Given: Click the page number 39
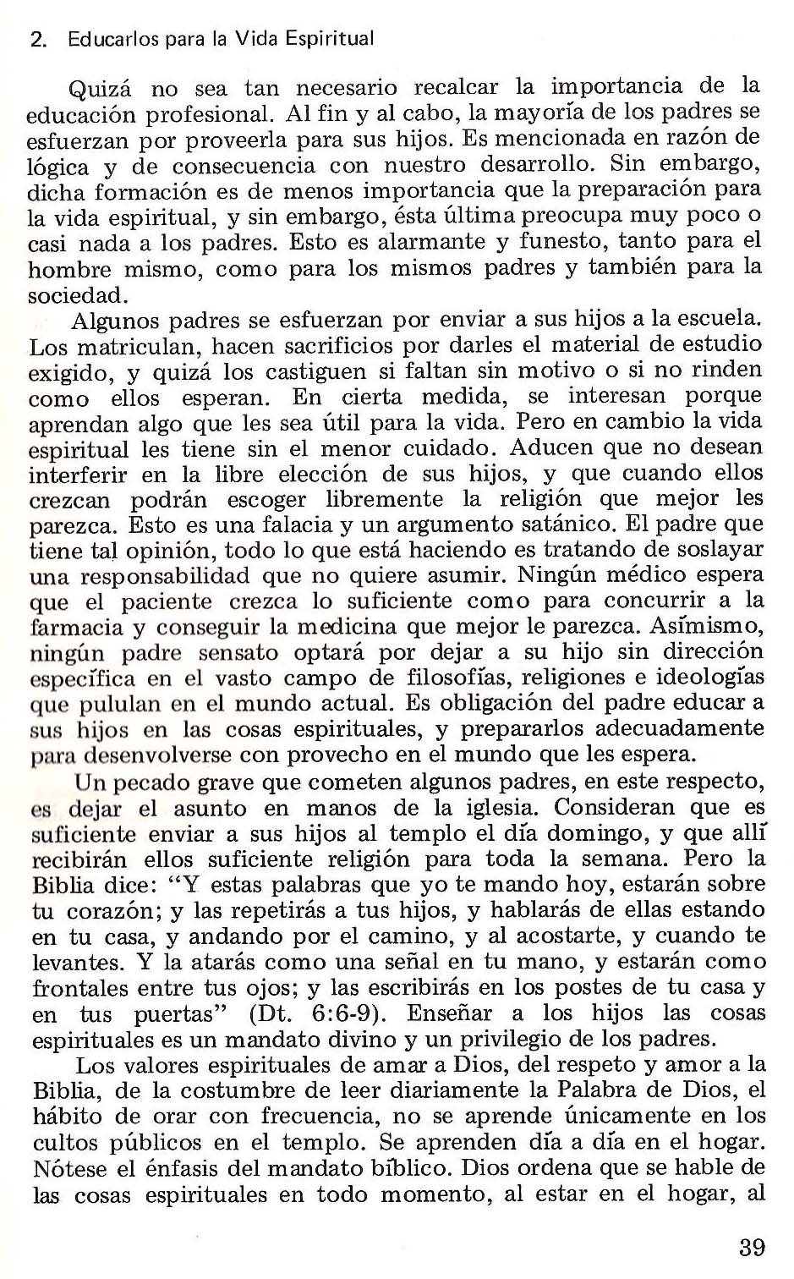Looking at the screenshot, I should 751,1247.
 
